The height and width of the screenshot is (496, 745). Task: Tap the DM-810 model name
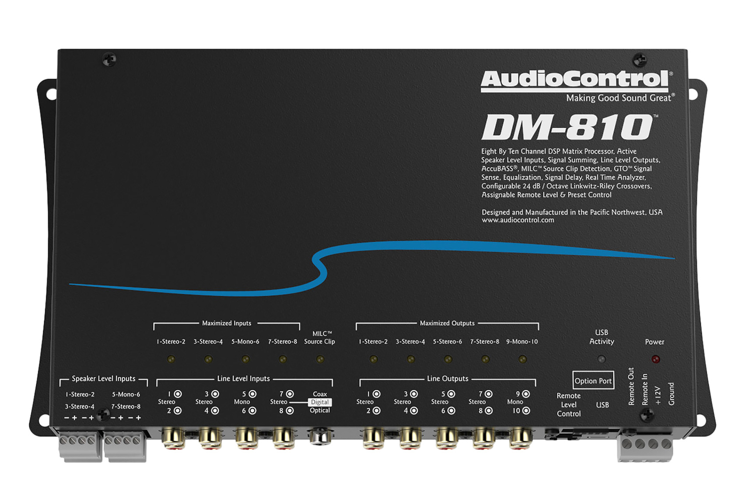click(x=567, y=127)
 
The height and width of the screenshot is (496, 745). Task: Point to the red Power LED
click(x=655, y=359)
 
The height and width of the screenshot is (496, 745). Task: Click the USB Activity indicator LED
click(x=602, y=359)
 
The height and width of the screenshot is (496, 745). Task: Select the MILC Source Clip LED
click(x=320, y=359)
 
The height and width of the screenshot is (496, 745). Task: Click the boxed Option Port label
click(x=593, y=381)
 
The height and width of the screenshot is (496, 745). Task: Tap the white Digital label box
click(x=320, y=402)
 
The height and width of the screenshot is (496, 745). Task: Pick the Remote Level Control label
click(x=569, y=405)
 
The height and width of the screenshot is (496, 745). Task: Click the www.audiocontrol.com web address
click(x=518, y=220)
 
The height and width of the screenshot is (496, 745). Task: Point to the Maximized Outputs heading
click(x=447, y=323)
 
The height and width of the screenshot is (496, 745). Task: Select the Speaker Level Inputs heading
click(x=103, y=379)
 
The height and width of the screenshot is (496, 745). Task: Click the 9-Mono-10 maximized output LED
click(x=522, y=359)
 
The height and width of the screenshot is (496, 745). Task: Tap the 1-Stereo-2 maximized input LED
click(x=171, y=359)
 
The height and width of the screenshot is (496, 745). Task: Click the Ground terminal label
click(x=671, y=394)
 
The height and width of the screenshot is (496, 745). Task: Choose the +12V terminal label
click(x=658, y=396)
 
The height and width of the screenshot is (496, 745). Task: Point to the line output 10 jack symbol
click(x=526, y=411)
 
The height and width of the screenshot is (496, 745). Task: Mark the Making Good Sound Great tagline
click(x=619, y=98)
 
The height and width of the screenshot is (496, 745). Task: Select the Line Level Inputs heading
click(x=244, y=379)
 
